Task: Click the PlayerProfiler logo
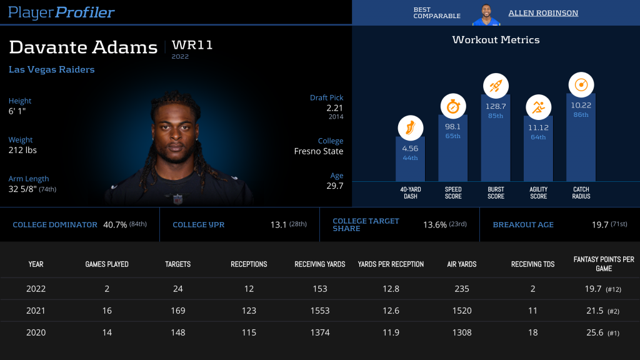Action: point(62,12)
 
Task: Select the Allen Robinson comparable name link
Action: point(542,13)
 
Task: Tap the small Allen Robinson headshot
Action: point(486,14)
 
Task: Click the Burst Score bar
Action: point(496,137)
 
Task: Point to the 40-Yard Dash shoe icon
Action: point(410,129)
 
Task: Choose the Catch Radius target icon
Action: point(581,84)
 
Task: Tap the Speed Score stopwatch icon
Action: point(453,106)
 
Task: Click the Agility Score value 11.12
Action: point(538,127)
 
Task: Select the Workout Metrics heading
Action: point(496,40)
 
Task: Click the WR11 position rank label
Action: point(192,46)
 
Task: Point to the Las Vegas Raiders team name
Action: point(52,69)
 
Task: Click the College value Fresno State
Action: point(319,151)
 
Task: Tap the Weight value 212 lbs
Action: point(22,151)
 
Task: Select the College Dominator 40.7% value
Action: point(115,224)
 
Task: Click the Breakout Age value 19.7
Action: point(600,224)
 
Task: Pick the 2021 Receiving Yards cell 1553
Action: point(319,311)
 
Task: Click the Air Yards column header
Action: point(462,264)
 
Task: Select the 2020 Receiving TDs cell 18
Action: point(532,332)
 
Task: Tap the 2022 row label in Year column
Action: point(36,289)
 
